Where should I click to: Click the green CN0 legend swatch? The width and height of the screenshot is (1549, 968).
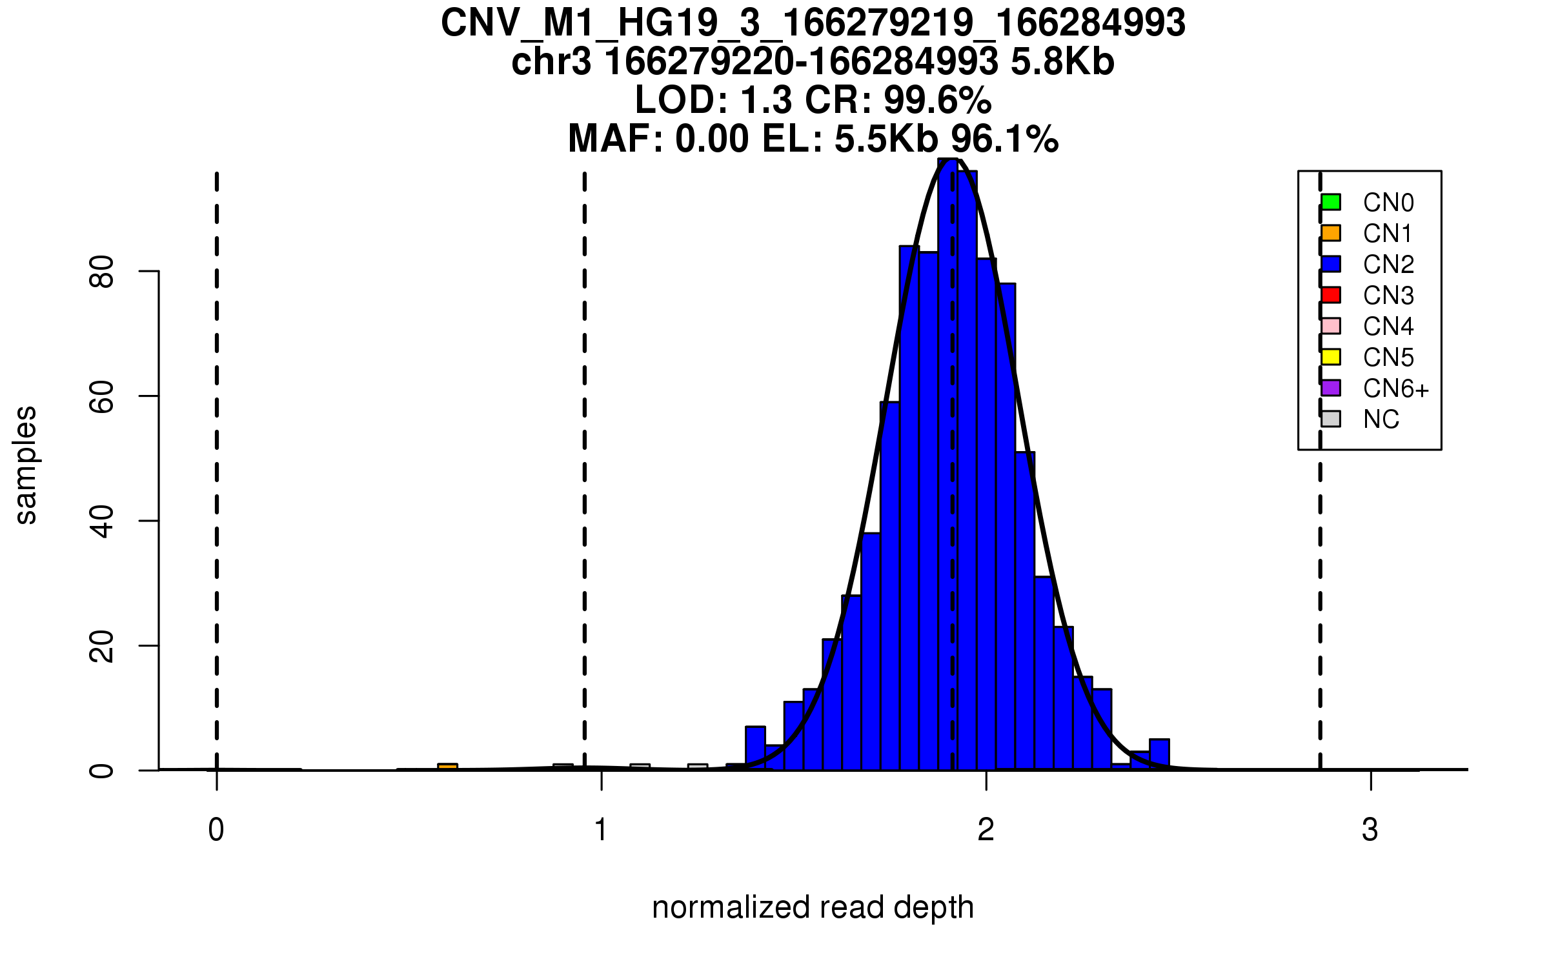(x=1331, y=202)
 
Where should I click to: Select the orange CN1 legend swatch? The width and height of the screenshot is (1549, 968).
(x=1331, y=233)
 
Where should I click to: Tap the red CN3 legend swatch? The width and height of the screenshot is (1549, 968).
(x=1331, y=295)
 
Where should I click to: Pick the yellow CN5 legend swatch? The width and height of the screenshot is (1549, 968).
(x=1331, y=357)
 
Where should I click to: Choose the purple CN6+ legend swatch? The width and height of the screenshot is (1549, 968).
(x=1331, y=388)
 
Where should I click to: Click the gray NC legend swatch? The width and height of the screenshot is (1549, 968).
(x=1331, y=419)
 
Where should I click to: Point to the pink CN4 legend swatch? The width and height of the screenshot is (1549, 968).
(x=1331, y=326)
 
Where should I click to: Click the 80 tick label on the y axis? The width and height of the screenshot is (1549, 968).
(x=102, y=272)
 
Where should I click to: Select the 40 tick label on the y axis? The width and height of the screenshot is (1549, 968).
(x=102, y=521)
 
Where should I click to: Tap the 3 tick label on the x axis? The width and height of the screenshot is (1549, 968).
(x=1370, y=830)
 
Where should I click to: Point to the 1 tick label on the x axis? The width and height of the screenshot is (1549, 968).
(x=601, y=830)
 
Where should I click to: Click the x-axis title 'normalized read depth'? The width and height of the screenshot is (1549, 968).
(x=813, y=907)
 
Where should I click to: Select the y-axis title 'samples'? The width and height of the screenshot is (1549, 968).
(x=26, y=465)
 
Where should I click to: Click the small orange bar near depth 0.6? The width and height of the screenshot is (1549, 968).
(x=447, y=767)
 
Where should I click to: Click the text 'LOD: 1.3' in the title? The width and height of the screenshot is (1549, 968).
(x=713, y=100)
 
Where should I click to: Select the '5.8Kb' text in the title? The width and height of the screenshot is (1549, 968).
(x=1062, y=62)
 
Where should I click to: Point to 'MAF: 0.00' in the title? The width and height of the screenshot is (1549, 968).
(x=658, y=139)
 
